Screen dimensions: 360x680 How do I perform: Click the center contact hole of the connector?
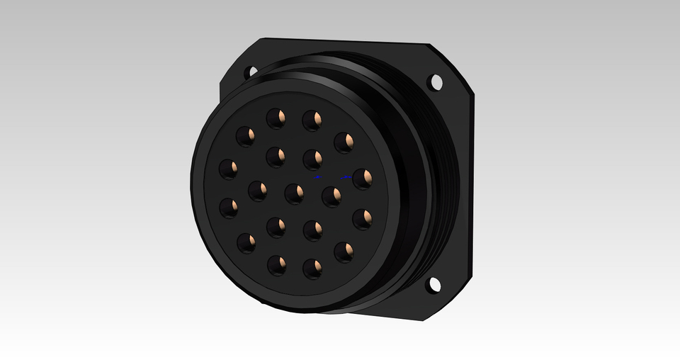(x=295, y=192)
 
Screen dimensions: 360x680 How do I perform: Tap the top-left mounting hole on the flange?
(x=250, y=72)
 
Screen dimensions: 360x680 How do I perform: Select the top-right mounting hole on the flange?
(x=436, y=82)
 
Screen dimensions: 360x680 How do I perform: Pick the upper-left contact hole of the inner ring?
(x=276, y=155)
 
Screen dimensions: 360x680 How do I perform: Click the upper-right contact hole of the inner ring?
(x=313, y=159)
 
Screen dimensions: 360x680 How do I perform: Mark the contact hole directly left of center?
(x=258, y=189)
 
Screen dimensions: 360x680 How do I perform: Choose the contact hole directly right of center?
(x=331, y=196)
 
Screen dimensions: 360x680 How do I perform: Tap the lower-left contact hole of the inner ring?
(x=276, y=227)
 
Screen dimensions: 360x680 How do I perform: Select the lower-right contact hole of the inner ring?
(x=313, y=230)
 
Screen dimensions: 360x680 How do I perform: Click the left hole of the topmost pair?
(x=276, y=118)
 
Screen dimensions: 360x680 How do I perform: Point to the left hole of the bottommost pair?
(x=276, y=265)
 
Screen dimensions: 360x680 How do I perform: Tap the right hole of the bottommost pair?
(x=312, y=268)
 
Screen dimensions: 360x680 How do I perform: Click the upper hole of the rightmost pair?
(x=362, y=179)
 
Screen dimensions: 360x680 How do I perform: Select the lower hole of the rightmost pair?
(x=362, y=219)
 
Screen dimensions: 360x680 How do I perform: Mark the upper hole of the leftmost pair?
(x=228, y=169)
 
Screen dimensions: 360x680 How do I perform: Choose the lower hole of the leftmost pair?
(x=229, y=208)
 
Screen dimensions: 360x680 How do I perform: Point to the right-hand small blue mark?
(x=346, y=176)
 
